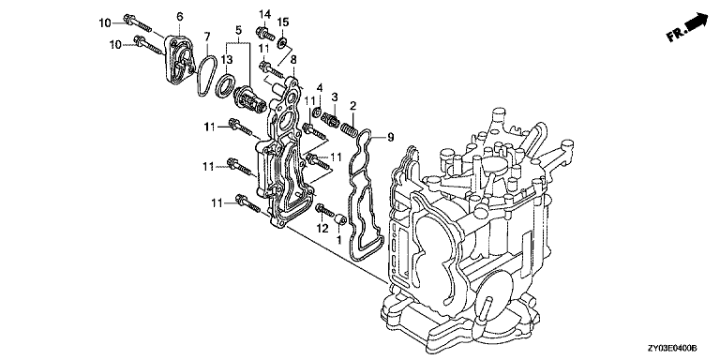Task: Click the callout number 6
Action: [180, 17]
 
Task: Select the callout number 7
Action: [207, 36]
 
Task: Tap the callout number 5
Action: [238, 30]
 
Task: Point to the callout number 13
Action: [227, 60]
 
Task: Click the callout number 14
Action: [264, 15]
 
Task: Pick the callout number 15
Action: [283, 22]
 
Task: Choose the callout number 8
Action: [293, 59]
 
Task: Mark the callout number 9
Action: [391, 137]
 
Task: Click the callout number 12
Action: [322, 227]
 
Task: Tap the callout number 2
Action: [352, 107]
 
